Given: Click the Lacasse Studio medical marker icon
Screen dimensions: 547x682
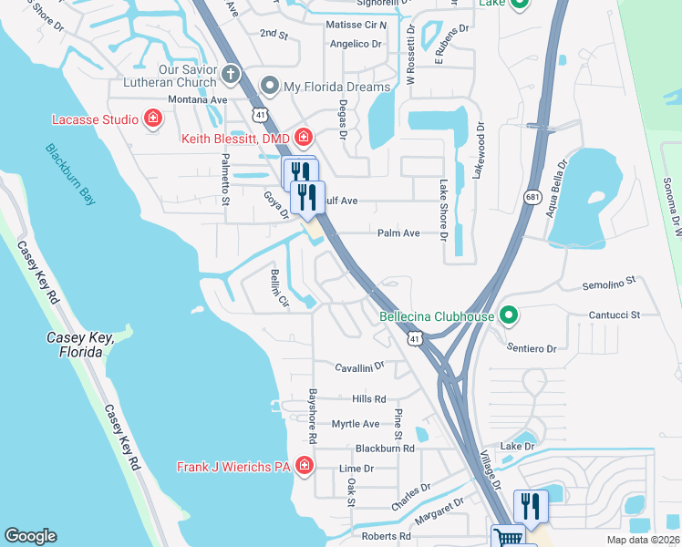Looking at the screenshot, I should pos(153,119).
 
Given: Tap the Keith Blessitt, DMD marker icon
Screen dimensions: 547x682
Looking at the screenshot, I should pos(303,139).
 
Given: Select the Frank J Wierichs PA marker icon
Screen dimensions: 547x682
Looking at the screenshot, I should pos(303,468).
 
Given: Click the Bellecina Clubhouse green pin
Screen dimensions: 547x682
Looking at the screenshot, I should pos(510,316).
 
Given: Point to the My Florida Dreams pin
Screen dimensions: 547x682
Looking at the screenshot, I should pos(270,87).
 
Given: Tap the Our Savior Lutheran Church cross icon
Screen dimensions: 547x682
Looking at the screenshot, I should pos(232,73).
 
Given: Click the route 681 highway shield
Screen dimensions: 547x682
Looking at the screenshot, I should pos(533,197).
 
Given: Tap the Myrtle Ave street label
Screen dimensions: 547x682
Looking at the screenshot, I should pos(355,424).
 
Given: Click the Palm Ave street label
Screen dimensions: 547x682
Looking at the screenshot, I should pos(398,233).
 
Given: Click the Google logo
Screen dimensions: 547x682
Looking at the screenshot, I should pos(31,536).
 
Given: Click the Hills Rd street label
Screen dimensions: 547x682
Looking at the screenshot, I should pos(369,399).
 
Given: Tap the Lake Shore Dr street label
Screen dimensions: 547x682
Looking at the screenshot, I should pos(443,211).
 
